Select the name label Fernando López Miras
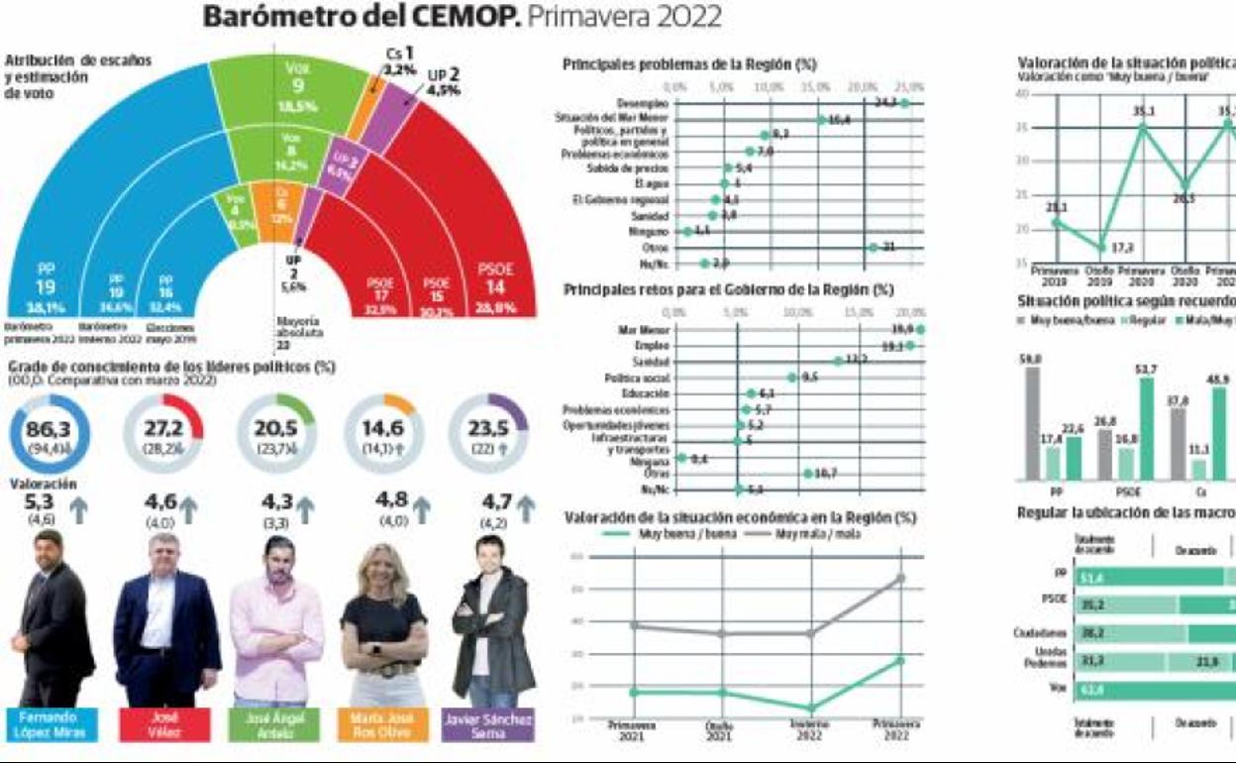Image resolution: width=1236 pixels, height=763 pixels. click(50, 725)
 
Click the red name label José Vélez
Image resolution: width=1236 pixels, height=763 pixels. click(163, 725)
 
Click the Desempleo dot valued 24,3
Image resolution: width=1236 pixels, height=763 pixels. click(904, 103)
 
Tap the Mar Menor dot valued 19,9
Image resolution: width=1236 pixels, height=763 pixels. click(921, 329)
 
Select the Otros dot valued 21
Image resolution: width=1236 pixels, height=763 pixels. click(873, 247)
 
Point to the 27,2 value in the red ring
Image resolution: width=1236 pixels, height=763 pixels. click(163, 427)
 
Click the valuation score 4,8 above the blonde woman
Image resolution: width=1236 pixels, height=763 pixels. click(391, 499)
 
